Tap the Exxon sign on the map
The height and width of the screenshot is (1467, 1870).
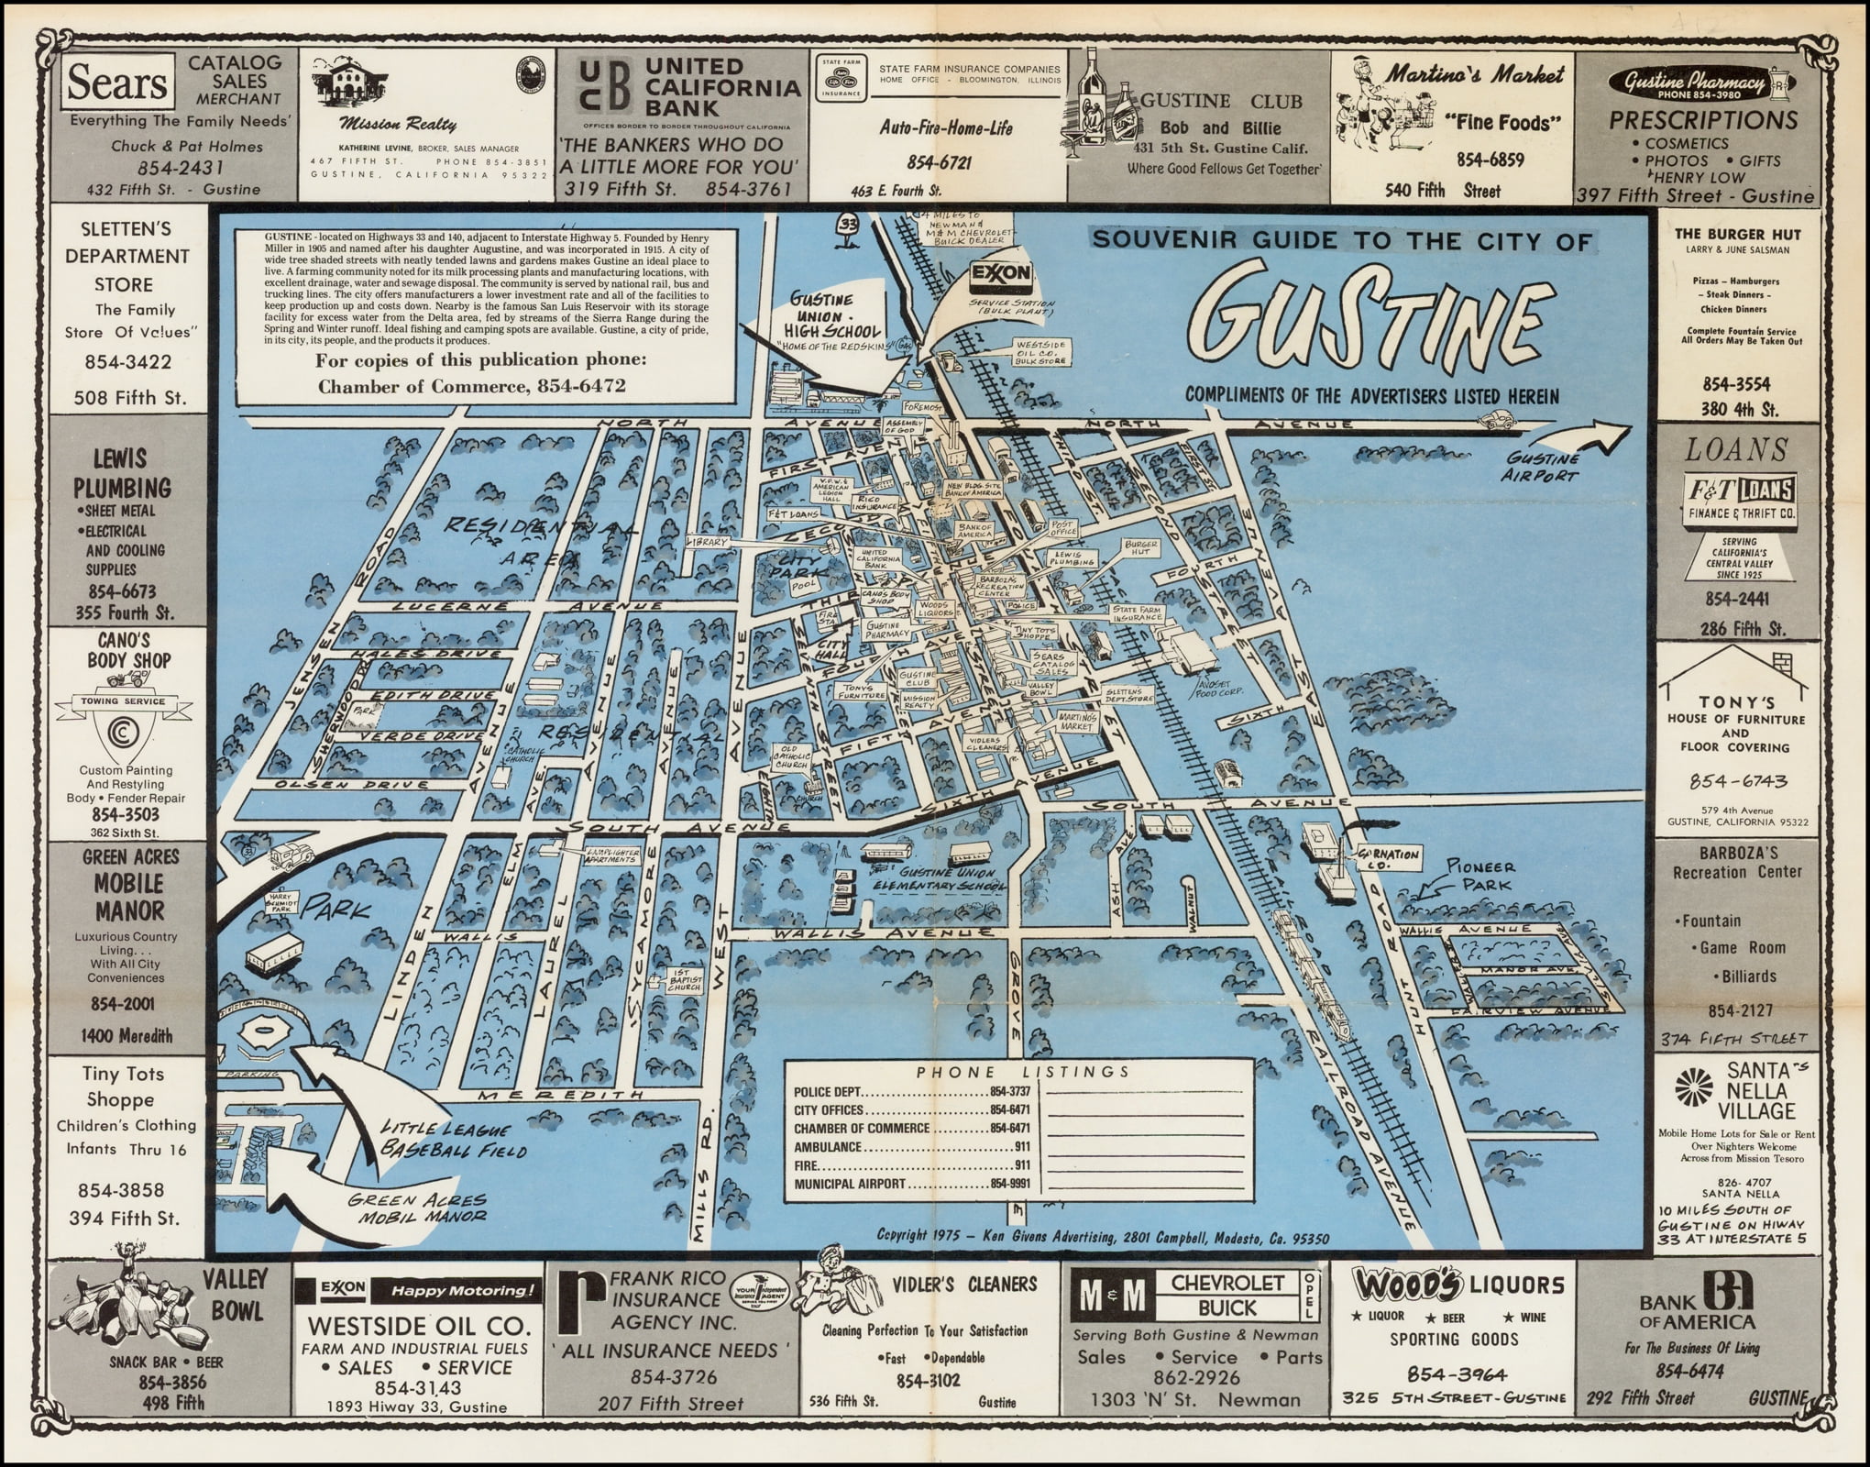coord(1002,273)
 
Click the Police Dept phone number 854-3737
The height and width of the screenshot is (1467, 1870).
coord(1009,1092)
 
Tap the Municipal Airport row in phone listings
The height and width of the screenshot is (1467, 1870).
coord(912,1184)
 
